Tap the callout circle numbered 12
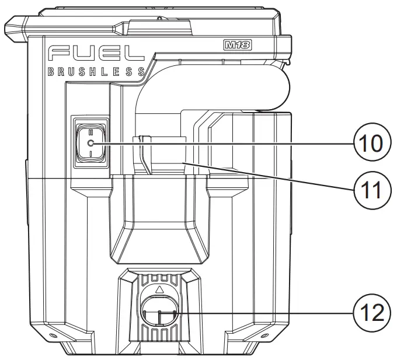pyautogui.click(x=366, y=313)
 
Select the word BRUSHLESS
pyautogui.click(x=96, y=72)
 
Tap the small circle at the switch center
pyautogui.click(x=90, y=143)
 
